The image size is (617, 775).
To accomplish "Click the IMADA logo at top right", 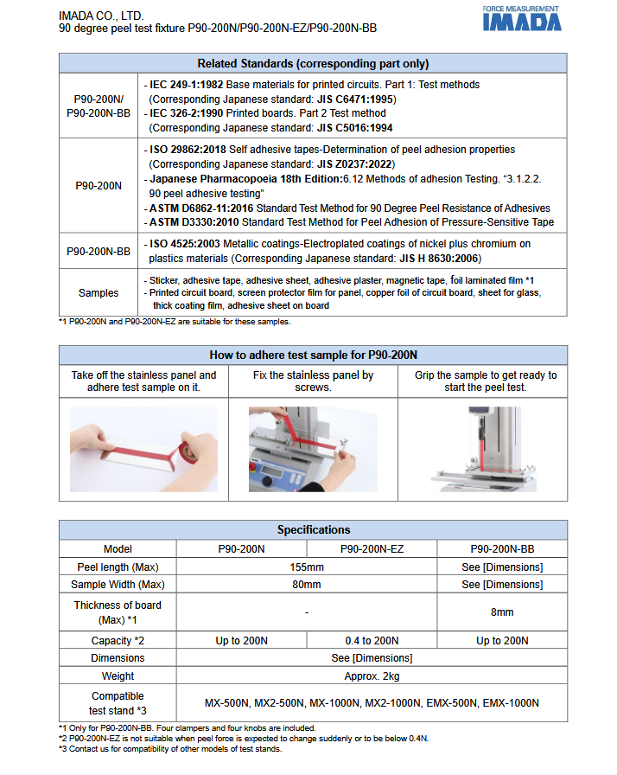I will (521, 19).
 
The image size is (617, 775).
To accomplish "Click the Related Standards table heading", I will (313, 63).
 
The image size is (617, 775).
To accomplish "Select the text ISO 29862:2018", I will (188, 150).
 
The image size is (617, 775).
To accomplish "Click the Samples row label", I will (99, 293).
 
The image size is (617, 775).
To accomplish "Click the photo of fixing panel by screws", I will (313, 448).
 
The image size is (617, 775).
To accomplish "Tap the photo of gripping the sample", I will (483, 448).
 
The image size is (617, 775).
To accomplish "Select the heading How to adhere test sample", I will (313, 355).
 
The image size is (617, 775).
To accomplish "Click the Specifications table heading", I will (313, 529).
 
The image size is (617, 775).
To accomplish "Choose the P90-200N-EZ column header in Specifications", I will (372, 548).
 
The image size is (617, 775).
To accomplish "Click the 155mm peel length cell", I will (307, 567).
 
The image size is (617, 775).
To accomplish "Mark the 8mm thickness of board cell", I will (502, 612).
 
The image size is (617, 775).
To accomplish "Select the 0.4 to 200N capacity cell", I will (372, 640).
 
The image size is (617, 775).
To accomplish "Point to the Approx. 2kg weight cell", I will (372, 676).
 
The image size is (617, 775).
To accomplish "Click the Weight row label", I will (118, 676).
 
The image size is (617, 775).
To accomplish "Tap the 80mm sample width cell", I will (307, 585).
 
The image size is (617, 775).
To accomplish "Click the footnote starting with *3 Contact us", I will (170, 749).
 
